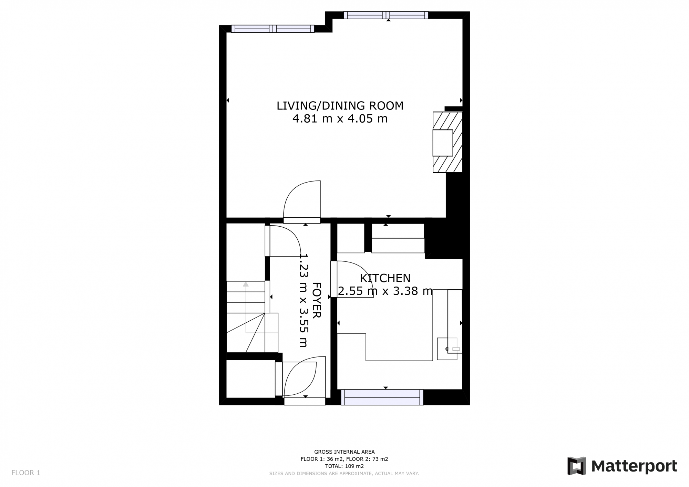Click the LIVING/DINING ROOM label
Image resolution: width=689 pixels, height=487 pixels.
click(x=340, y=106)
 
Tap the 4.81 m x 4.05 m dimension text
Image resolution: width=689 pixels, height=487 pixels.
click(x=340, y=119)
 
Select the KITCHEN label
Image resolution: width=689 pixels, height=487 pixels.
click(x=385, y=278)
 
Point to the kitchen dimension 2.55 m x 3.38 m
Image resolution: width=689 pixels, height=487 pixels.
click(x=385, y=291)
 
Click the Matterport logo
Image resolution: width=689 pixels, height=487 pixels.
click(x=622, y=466)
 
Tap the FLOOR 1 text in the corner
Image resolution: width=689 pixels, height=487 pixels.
click(x=26, y=473)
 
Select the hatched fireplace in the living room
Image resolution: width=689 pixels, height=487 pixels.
click(x=448, y=142)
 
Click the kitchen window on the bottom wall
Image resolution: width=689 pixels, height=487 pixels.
click(x=382, y=397)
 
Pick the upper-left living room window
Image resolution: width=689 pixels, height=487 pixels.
click(x=272, y=29)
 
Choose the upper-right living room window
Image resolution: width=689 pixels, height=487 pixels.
click(x=386, y=15)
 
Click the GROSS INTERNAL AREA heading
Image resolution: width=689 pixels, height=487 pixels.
click(x=344, y=452)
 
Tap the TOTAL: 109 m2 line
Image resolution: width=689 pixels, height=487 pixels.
click(x=344, y=466)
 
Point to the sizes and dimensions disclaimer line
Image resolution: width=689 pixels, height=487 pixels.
click(x=344, y=474)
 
